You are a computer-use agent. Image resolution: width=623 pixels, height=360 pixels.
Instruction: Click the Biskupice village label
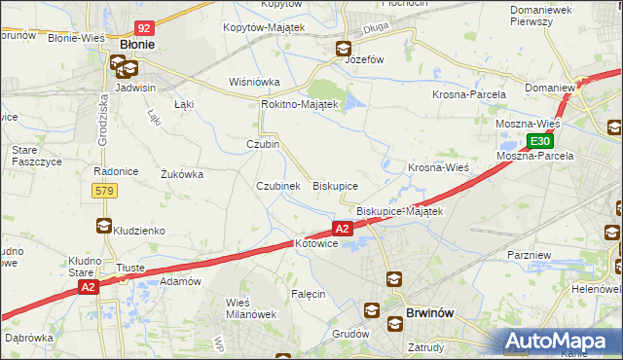pos(335,185)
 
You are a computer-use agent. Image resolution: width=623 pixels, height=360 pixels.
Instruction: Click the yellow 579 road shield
pos(105,191)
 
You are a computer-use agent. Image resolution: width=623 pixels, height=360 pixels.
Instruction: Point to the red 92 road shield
pos(144,29)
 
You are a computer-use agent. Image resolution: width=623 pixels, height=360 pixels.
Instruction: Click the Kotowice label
pos(315,243)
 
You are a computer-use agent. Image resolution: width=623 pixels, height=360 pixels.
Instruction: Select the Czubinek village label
pos(277,186)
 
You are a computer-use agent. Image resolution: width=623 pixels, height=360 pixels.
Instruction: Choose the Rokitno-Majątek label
pos(299,104)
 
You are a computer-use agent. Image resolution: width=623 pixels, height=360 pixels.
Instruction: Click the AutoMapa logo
pos(562,341)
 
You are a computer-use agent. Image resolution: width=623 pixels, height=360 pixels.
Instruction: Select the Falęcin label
pos(307,293)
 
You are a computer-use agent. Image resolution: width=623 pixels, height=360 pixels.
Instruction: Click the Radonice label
pos(114,171)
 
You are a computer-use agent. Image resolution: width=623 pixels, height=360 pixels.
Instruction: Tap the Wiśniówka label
pos(254,82)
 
